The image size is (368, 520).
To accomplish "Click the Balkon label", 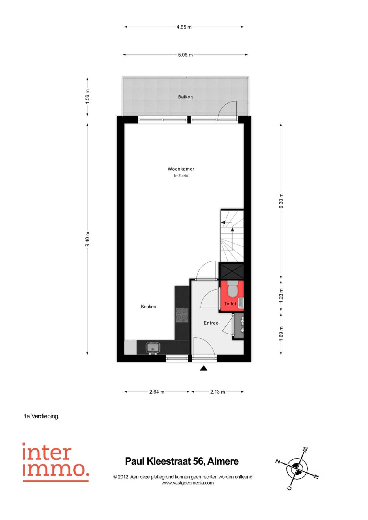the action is tap(185, 97).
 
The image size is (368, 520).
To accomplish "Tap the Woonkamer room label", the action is tap(181, 169).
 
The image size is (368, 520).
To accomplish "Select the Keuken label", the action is tap(148, 306).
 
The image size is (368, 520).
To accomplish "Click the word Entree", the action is tap(211, 323).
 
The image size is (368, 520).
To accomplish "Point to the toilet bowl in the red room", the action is tap(232, 289).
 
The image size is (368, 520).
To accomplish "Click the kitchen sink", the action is tap(153, 348).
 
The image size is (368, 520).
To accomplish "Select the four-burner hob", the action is tap(182, 315).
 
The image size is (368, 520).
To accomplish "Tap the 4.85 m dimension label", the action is tap(184, 27).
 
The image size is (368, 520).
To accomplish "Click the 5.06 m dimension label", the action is tap(185, 55).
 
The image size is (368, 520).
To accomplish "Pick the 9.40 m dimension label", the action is tap(87, 239).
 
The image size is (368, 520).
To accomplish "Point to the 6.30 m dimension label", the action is tap(281, 201).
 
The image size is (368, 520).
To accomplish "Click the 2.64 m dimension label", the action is tap(157, 392).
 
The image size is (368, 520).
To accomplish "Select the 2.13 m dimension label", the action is tap(218, 392).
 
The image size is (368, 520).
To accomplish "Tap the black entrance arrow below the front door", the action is tap(204, 368).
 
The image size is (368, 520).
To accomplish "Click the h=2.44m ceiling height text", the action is tap(181, 176).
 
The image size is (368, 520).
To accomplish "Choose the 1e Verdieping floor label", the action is tap(41, 416).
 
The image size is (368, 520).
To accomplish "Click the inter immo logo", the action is tap(55, 462).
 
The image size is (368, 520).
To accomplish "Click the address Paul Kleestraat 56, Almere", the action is tap(182, 461).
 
